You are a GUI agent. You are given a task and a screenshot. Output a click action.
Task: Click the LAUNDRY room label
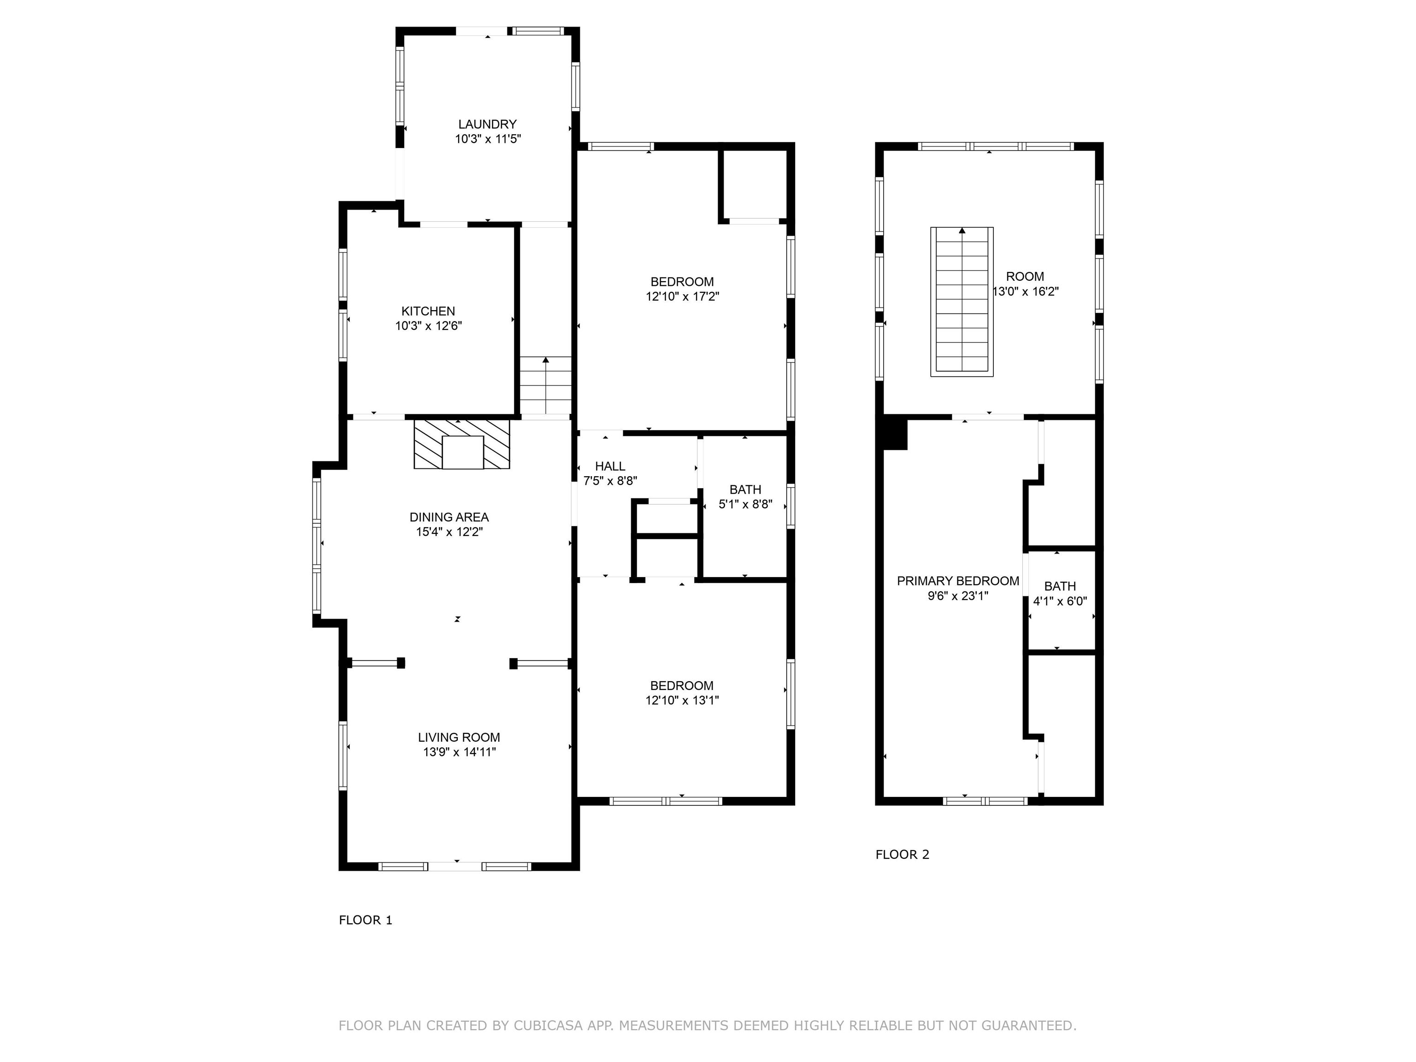tap(487, 124)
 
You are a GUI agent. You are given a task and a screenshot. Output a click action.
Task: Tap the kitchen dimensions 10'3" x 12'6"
tap(428, 326)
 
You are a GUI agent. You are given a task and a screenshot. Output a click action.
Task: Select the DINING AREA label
tap(449, 517)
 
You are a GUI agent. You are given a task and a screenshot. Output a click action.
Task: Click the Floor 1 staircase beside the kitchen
tap(545, 385)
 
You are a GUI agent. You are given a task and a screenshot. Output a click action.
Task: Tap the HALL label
tap(610, 466)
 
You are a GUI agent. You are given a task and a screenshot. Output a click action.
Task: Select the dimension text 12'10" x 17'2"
tap(682, 296)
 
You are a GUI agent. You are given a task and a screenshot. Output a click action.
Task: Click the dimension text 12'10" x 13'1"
tap(682, 700)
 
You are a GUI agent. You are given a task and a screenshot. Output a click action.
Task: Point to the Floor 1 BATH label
tap(745, 490)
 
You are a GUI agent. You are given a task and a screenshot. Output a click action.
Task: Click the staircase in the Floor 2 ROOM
tap(962, 301)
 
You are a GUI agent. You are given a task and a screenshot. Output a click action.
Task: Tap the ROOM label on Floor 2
tap(1025, 277)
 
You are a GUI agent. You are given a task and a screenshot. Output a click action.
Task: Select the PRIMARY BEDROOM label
tap(958, 581)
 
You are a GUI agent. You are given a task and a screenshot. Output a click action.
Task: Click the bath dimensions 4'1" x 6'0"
tap(1060, 601)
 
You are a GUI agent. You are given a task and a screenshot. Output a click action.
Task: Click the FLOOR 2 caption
tap(902, 855)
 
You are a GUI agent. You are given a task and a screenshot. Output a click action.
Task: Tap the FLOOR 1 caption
tap(365, 920)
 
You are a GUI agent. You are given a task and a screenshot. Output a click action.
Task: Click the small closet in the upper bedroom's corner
tap(755, 184)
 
